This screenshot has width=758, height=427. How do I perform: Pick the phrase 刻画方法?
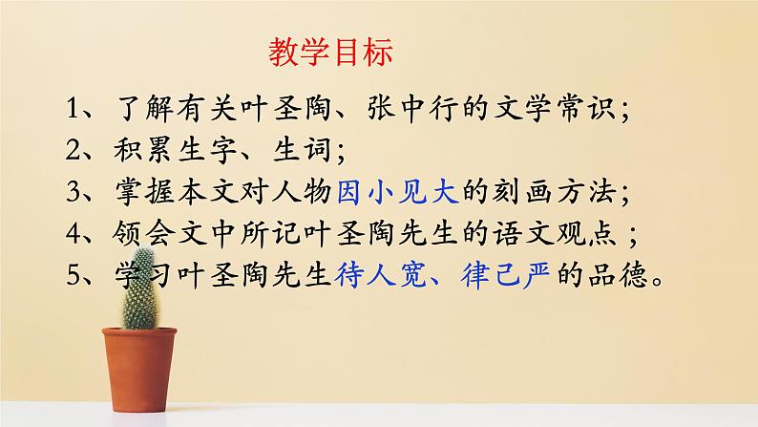556,193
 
